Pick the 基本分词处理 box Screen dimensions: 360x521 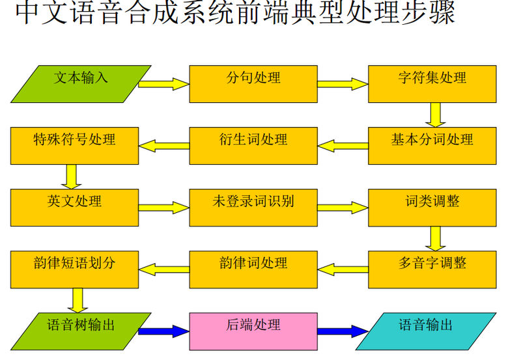432,145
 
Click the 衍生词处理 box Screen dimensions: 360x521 253,145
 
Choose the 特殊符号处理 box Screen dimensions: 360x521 74,145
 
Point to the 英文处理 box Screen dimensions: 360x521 74,207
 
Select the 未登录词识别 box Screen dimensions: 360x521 253,207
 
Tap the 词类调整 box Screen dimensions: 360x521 432,207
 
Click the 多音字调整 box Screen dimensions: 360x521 432,269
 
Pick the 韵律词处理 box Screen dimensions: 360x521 253,269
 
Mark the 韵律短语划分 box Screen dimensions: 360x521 74,269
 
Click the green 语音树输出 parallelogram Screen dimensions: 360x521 81,331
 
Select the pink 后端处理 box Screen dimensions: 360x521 253,331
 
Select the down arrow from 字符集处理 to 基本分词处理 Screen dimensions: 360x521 436,115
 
